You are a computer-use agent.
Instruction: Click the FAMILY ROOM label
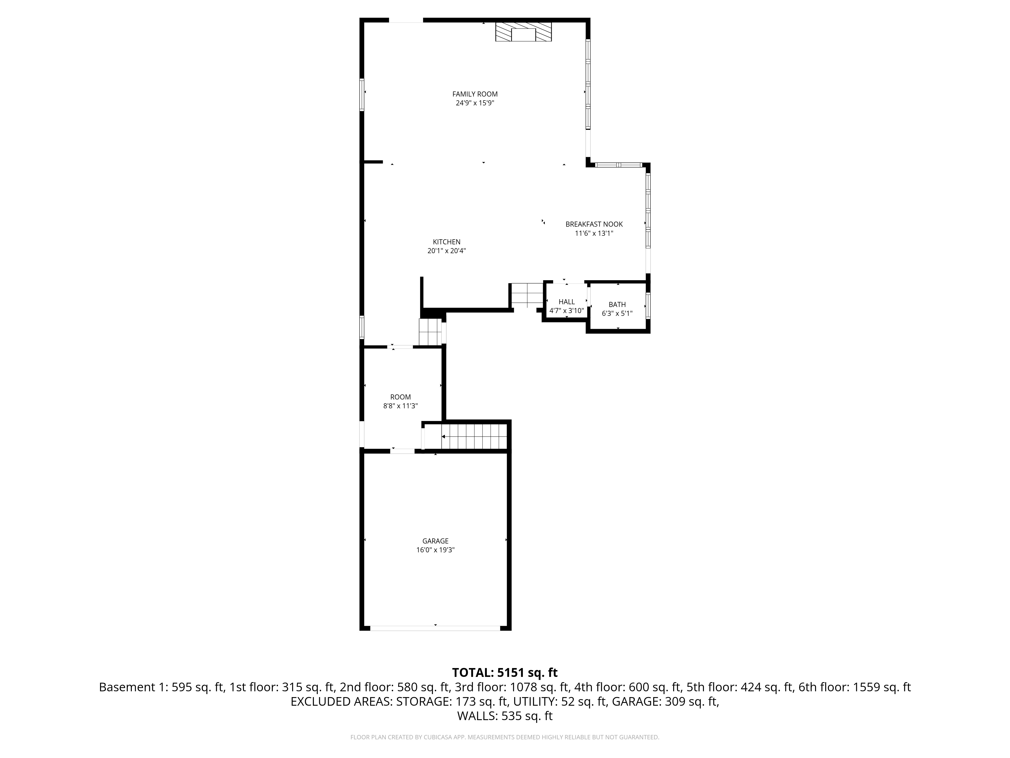tap(475, 94)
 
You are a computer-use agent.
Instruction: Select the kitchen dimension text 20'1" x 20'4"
tap(447, 251)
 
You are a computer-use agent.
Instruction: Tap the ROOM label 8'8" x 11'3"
tap(400, 402)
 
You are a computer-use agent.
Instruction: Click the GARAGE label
tap(435, 541)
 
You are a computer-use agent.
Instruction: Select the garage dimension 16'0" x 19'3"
tap(435, 550)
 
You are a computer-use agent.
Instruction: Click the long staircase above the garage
tap(475, 437)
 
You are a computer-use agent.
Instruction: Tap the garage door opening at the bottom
tap(435, 628)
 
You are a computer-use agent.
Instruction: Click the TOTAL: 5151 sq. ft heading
tap(504, 673)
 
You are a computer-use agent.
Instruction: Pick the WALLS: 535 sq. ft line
tap(504, 716)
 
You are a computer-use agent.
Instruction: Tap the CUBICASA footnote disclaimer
tap(504, 737)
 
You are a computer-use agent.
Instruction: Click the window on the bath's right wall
tap(648, 305)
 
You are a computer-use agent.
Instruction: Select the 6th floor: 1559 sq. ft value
tap(854, 687)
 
